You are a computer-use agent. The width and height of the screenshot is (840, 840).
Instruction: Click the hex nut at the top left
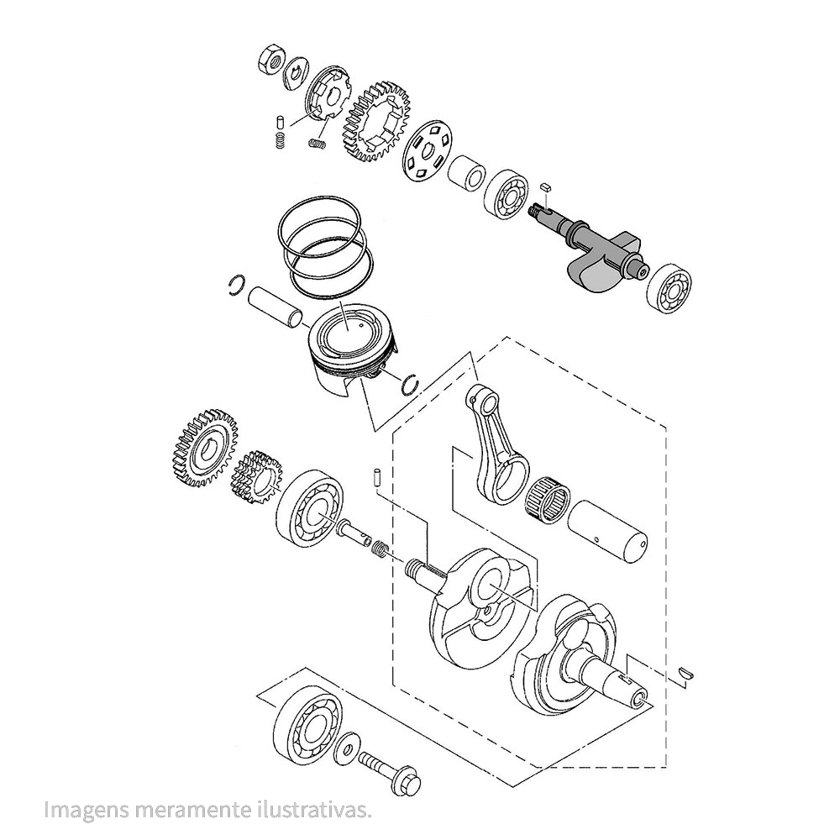271,60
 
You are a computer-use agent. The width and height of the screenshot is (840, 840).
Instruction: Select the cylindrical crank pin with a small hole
609,529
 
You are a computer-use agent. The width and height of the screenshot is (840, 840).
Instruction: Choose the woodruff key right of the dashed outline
685,671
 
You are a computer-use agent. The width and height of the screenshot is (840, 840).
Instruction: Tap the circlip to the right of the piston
412,382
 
